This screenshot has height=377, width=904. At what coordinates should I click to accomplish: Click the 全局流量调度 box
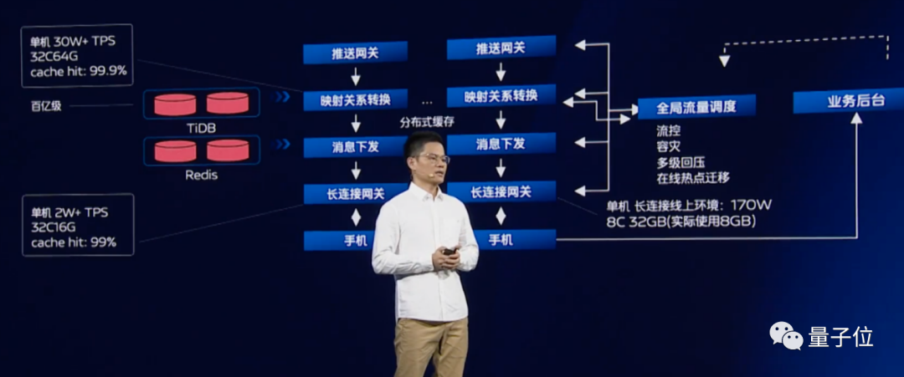696,107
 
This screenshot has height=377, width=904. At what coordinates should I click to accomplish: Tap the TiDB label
201,126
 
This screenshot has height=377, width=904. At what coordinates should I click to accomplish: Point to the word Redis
201,176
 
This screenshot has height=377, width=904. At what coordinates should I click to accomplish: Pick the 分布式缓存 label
427,121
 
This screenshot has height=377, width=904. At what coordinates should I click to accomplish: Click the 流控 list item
669,132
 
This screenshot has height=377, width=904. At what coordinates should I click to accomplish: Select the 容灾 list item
669,147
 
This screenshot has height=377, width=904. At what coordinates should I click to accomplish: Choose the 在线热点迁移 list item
693,177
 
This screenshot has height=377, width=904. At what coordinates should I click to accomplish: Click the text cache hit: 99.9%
79,71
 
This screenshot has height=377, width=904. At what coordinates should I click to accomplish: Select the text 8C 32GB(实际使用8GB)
682,222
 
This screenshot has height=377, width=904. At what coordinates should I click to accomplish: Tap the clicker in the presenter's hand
449,251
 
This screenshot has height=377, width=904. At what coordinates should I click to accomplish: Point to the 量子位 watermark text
840,337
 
